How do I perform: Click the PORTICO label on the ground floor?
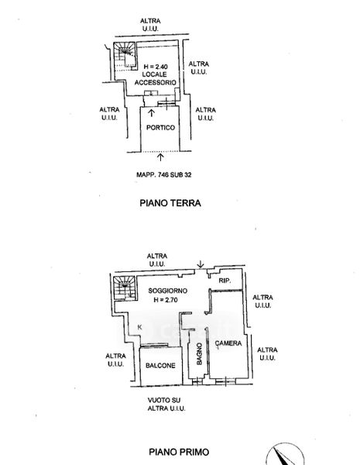pos(160,128)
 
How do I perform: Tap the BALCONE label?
pos(160,366)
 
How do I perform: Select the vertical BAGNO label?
pos(199,354)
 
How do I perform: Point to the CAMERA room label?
pos(228,343)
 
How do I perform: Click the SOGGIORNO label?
pos(168,291)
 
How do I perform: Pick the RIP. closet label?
pos(225,281)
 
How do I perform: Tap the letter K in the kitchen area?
pos(140,327)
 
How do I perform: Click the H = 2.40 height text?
pos(156,67)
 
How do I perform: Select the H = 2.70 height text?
pos(166,300)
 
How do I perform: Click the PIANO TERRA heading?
pos(170,203)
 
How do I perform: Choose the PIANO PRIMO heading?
pos(179,452)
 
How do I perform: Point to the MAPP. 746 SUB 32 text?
pos(164,174)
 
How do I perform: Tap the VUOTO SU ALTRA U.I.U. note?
pos(166,405)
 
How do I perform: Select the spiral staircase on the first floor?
pos(125,288)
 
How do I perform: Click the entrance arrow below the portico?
pos(160,157)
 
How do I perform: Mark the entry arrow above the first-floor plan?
pos(201,264)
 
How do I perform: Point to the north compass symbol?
pos(284,454)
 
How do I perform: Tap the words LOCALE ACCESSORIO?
pos(156,78)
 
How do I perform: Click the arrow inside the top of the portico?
pos(152,112)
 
